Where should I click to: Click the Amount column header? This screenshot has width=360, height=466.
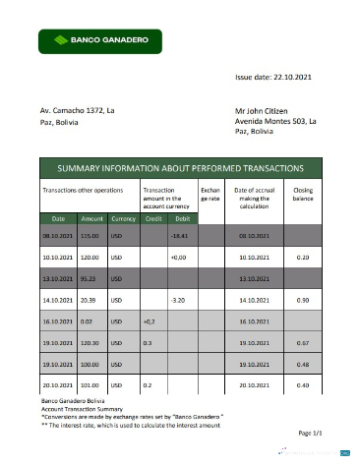coord(92,218)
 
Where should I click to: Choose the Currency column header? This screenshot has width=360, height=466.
coord(123,218)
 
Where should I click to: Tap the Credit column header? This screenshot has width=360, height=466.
coord(152,218)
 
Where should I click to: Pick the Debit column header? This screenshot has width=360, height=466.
coord(181,218)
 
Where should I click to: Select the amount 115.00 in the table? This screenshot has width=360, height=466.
coord(91,236)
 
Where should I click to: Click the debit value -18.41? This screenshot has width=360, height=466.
coord(179,236)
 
